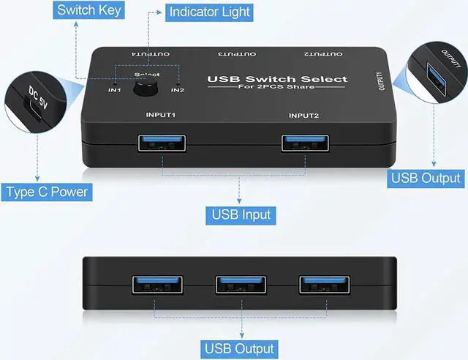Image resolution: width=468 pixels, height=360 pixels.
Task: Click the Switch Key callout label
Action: [88, 10]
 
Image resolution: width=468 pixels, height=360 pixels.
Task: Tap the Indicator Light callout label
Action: [208, 12]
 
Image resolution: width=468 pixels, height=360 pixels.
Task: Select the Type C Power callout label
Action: [47, 192]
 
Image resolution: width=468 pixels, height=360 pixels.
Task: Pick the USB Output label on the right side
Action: [426, 178]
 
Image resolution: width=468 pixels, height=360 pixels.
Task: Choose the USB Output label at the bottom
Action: [240, 348]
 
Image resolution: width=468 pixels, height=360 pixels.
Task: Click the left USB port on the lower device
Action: [154, 285]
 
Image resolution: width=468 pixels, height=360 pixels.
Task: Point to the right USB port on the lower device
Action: [320, 285]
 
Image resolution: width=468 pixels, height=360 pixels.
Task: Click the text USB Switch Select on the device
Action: [277, 79]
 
